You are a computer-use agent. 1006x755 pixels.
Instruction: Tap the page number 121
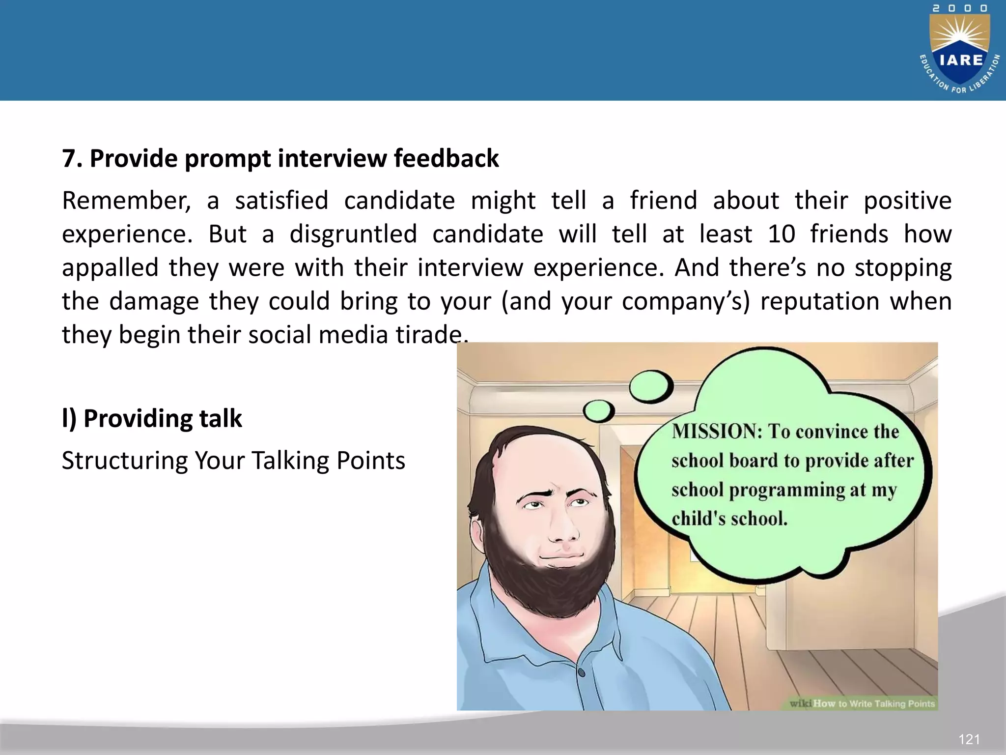[969, 739]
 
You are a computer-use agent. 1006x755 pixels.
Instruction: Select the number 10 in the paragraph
[781, 234]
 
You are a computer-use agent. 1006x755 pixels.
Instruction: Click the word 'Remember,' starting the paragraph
[126, 201]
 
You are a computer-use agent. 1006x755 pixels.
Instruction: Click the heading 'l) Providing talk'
[152, 418]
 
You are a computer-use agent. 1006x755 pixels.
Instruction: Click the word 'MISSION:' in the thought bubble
[717, 431]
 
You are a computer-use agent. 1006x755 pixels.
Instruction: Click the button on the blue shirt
[582, 672]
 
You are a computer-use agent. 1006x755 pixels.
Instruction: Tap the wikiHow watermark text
[862, 703]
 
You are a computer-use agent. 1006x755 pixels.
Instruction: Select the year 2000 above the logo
[960, 8]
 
